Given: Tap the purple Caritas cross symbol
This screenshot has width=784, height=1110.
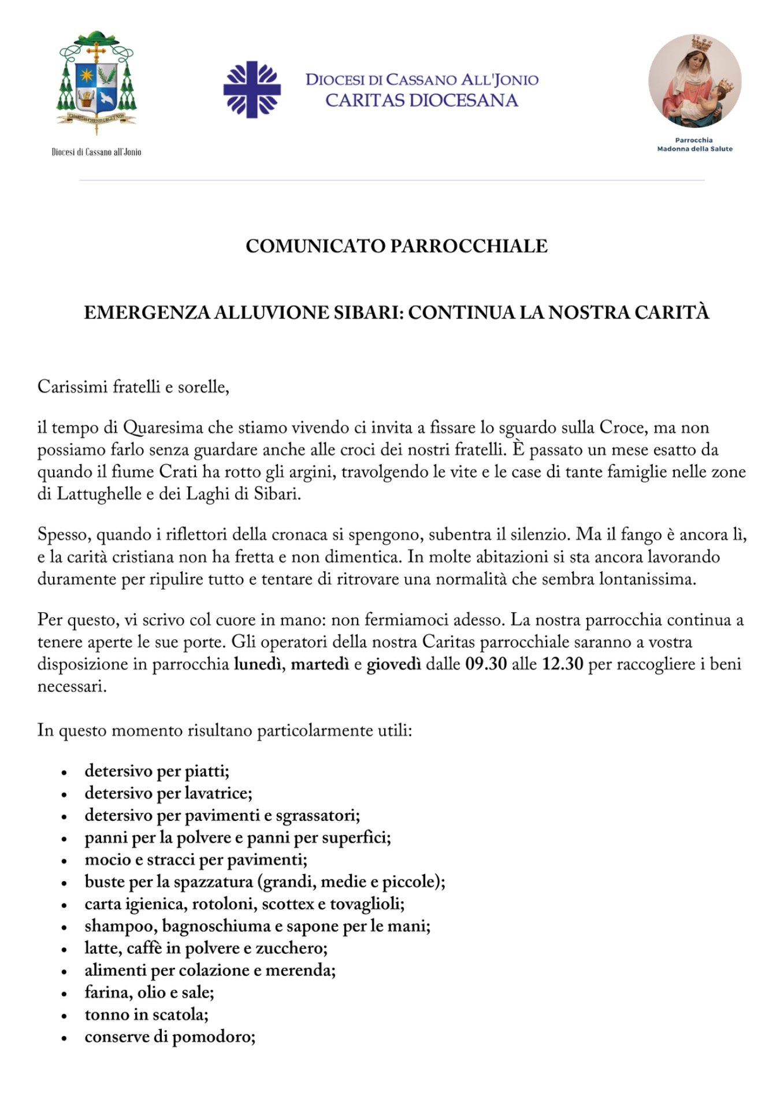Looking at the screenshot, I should coord(252,90).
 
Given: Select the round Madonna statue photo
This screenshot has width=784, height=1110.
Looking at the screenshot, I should coord(694,81).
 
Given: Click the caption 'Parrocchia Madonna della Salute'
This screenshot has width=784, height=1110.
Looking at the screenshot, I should coord(694,145).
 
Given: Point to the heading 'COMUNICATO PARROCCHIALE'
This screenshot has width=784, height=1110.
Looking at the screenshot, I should coord(396,246).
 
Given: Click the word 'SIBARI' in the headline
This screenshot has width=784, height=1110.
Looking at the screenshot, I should coord(367,313).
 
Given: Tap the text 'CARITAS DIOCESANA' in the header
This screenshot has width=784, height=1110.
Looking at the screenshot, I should coord(422,101).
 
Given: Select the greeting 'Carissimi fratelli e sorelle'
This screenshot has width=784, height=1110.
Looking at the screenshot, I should coord(133,386).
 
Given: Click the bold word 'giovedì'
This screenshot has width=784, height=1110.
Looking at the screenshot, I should coord(393,664).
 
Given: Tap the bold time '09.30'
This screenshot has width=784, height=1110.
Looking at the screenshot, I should coord(486,664).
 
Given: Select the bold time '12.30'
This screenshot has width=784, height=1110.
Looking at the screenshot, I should coord(562,664).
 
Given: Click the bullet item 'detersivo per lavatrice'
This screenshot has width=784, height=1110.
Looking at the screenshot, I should coord(168,793).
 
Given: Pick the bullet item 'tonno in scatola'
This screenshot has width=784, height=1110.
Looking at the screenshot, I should coord(146,1015).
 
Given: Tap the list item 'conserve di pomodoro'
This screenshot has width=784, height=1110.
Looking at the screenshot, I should coord(170,1037).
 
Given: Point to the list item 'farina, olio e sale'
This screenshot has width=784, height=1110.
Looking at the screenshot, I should coord(149,993).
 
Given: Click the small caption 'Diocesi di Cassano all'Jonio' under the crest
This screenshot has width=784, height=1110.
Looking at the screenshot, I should coord(96,152).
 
